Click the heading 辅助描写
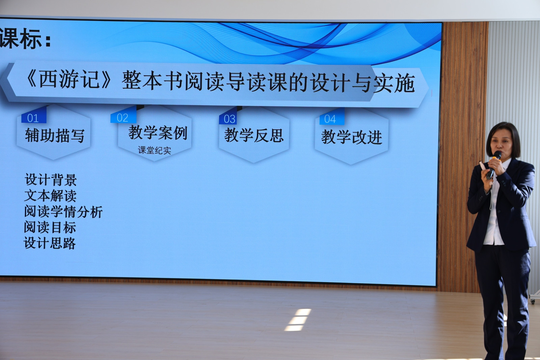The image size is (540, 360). click(55, 135)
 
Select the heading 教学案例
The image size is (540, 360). click(158, 132)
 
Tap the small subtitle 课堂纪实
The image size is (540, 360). click(154, 150)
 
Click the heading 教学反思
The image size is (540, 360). click(254, 135)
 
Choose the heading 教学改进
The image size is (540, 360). click(351, 137)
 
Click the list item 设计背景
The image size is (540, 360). click(51, 180)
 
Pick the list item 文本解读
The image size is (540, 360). click(50, 196)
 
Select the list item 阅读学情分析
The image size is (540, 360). click(63, 212)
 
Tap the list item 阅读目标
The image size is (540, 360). click(50, 227)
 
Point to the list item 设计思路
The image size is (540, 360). click(50, 243)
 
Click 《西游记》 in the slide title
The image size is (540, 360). click(69, 79)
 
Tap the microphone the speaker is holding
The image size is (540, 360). click(493, 165)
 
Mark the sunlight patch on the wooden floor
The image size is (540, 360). click(297, 320)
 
